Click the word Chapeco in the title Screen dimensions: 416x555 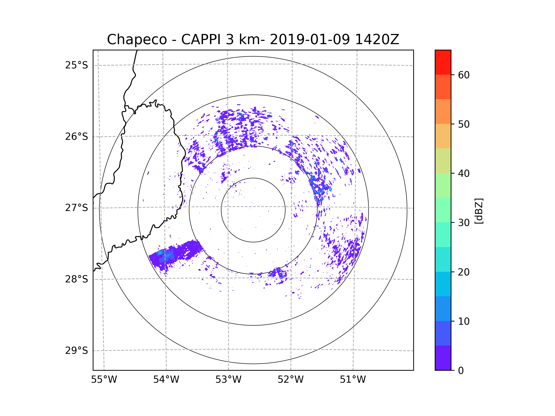pyautogui.click(x=137, y=40)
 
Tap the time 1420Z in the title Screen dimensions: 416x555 pyautogui.click(x=377, y=40)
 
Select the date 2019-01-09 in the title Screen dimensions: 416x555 pyautogui.click(x=310, y=40)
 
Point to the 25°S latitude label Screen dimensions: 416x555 pyautogui.click(x=77, y=65)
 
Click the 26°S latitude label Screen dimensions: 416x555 pyautogui.click(x=77, y=137)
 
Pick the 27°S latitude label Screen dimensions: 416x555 pyautogui.click(x=77, y=208)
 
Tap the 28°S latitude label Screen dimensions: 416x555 pyautogui.click(x=77, y=279)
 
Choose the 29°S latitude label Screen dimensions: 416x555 pyautogui.click(x=77, y=351)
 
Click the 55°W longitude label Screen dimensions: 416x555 pyautogui.click(x=104, y=380)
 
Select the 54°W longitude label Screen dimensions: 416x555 pyautogui.click(x=166, y=380)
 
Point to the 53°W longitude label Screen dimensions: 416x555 pyautogui.click(x=228, y=380)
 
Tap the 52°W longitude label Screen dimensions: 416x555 pyautogui.click(x=290, y=380)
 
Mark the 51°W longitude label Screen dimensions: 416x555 pyautogui.click(x=353, y=380)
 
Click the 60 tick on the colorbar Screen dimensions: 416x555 pyautogui.click(x=464, y=75)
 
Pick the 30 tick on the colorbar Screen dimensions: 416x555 pyautogui.click(x=464, y=223)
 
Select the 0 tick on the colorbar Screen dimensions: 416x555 pyautogui.click(x=461, y=371)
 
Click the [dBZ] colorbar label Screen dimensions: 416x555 pyautogui.click(x=479, y=211)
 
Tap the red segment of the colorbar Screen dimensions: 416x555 pyautogui.click(x=443, y=62)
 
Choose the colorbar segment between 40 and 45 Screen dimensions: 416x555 pyautogui.click(x=443, y=161)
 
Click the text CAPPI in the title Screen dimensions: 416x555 pyautogui.click(x=200, y=40)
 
